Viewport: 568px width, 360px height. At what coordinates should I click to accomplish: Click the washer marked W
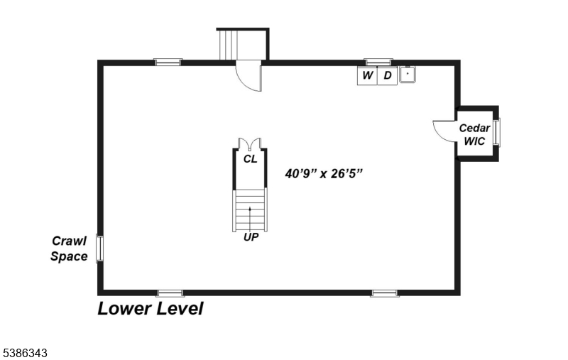click(x=367, y=75)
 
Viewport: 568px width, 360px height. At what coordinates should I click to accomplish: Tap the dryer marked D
click(x=387, y=75)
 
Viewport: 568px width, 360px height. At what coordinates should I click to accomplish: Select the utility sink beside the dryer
click(x=408, y=74)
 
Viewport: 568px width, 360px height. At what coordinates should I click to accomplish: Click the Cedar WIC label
click(x=474, y=134)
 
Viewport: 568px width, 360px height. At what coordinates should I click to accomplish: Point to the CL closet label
click(x=250, y=159)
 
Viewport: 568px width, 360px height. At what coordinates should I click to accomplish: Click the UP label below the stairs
click(x=251, y=237)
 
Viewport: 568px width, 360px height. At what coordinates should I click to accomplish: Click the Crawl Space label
click(x=69, y=249)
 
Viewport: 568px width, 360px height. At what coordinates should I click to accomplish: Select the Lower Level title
click(x=151, y=309)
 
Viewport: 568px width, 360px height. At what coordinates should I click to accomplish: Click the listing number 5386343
click(x=24, y=352)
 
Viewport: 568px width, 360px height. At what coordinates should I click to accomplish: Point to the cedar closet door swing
click(x=444, y=131)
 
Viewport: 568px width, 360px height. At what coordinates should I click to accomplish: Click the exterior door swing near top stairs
click(x=249, y=77)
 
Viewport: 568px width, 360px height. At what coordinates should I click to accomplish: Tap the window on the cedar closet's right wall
click(x=497, y=132)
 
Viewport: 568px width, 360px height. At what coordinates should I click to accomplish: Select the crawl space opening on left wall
click(x=100, y=249)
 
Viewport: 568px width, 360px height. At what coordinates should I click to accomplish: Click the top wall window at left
click(x=168, y=62)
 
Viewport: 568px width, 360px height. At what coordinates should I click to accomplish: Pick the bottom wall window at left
click(x=170, y=293)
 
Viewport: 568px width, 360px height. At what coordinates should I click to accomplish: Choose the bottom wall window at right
click(x=384, y=293)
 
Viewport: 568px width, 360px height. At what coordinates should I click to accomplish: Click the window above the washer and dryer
click(x=378, y=62)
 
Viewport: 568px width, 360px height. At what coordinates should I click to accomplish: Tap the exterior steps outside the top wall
click(x=230, y=46)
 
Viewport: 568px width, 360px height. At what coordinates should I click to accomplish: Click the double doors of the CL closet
click(x=250, y=144)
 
